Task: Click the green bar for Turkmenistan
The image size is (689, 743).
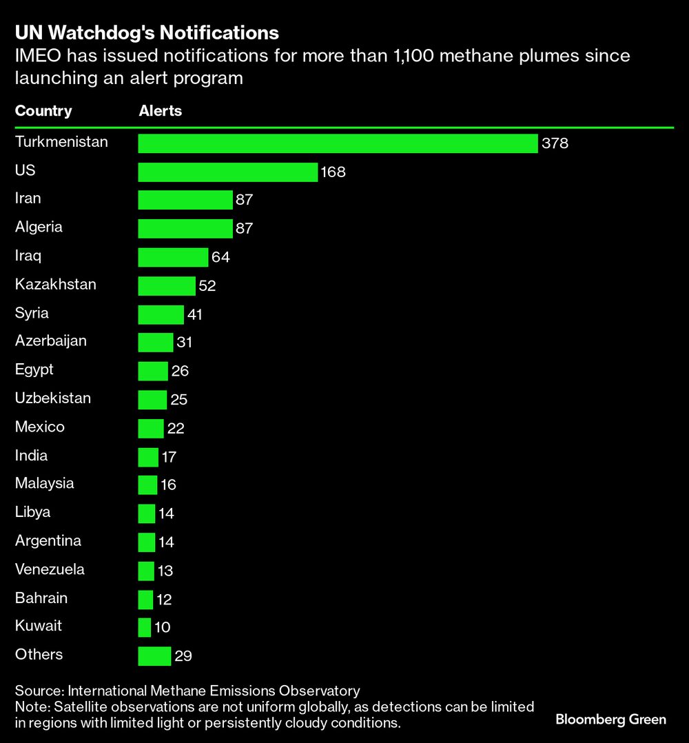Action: coord(338,143)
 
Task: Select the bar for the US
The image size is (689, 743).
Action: coord(227,172)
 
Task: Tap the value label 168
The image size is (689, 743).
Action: coord(333,172)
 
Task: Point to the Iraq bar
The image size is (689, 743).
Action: coord(173,257)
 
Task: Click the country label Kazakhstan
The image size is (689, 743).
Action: coord(56,284)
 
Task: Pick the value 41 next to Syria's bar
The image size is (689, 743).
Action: coord(194,315)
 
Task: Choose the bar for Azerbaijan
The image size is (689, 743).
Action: coord(156,343)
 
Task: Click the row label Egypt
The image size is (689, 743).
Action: coord(34,369)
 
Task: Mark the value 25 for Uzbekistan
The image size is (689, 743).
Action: coord(178,400)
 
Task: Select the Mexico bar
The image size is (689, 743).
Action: coord(151,429)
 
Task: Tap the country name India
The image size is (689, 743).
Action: coord(31,455)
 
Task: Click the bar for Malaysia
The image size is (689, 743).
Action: coord(147,485)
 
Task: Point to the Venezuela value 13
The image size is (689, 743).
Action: coord(165,571)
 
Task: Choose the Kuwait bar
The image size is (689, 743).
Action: coord(145,627)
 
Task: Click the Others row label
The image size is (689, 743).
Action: coord(39,654)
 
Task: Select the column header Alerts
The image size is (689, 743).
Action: coord(161,111)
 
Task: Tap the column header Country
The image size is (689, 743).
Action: coord(43,111)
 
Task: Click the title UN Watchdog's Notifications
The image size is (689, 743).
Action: coord(147,33)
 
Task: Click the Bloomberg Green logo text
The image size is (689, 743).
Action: coord(610,720)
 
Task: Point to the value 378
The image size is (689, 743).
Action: coord(555,144)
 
